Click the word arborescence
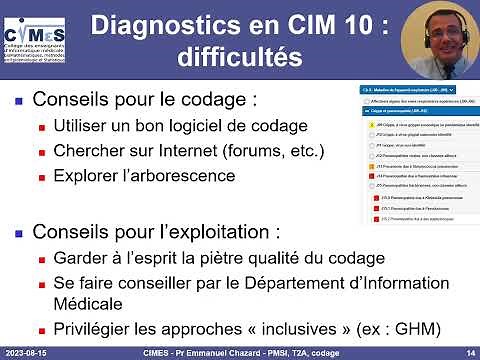[x=187, y=176]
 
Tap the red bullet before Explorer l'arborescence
[x=42, y=177]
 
